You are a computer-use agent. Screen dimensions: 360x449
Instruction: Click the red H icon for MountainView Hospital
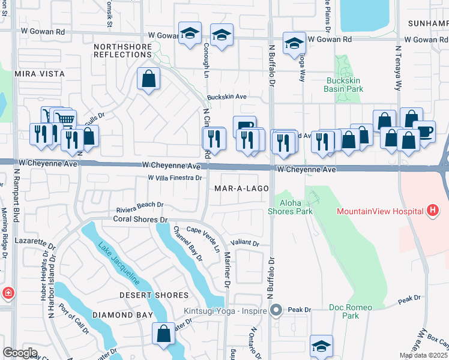(x=432, y=211)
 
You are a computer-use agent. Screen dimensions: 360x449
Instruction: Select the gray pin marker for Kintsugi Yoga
(x=276, y=310)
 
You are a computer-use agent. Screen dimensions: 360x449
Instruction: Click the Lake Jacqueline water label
(x=119, y=262)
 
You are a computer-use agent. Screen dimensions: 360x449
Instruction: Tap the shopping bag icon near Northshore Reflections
(x=148, y=78)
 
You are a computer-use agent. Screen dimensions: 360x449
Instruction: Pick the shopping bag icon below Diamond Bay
(x=163, y=333)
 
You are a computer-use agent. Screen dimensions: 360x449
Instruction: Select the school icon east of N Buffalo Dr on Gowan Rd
(x=294, y=43)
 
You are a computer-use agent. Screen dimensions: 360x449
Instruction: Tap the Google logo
(x=20, y=353)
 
